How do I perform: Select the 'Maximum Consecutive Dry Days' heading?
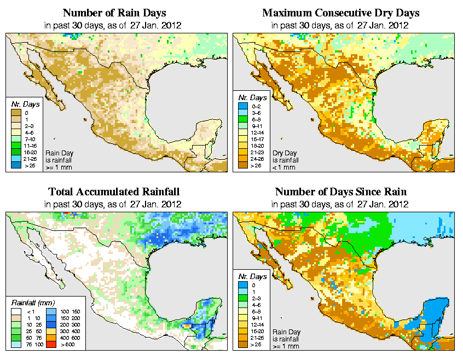341,13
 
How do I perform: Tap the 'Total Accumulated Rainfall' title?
114,192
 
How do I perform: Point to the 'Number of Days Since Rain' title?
340,192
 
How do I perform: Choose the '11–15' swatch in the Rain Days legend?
16,146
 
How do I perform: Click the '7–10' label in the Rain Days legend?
31,139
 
